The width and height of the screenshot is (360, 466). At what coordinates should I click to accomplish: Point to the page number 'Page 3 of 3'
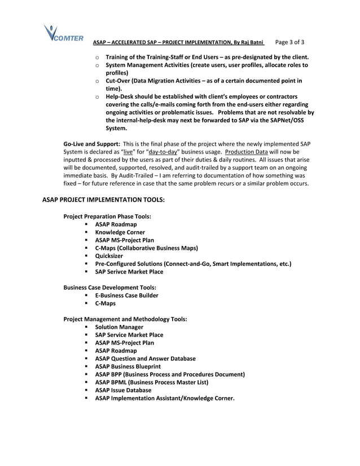pyautogui.click(x=289, y=42)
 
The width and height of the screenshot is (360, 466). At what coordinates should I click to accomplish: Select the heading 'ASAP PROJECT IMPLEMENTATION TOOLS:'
pyautogui.click(x=103, y=200)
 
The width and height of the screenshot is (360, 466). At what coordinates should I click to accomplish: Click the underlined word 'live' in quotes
pyautogui.click(x=128, y=152)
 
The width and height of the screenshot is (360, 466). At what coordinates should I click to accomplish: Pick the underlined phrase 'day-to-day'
pyautogui.click(x=163, y=152)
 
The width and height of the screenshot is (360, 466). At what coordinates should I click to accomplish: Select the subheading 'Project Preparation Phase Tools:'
pyautogui.click(x=107, y=216)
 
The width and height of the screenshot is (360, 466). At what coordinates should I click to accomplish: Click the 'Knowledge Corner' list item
pyautogui.click(x=120, y=232)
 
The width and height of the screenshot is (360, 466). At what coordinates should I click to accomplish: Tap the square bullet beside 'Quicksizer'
pyautogui.click(x=87, y=256)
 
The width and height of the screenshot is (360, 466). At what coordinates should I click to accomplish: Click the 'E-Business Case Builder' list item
pyautogui.click(x=126, y=295)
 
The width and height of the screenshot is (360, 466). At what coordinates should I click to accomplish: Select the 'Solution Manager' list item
pyautogui.click(x=119, y=327)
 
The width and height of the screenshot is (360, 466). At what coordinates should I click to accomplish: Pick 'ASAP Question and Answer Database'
pyautogui.click(x=145, y=358)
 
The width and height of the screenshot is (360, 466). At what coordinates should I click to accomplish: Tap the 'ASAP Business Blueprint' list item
pyautogui.click(x=128, y=366)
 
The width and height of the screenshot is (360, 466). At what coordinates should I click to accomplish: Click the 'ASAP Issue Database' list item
pyautogui.click(x=123, y=390)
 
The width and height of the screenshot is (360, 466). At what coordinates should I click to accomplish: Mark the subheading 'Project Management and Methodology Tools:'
pyautogui.click(x=125, y=319)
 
